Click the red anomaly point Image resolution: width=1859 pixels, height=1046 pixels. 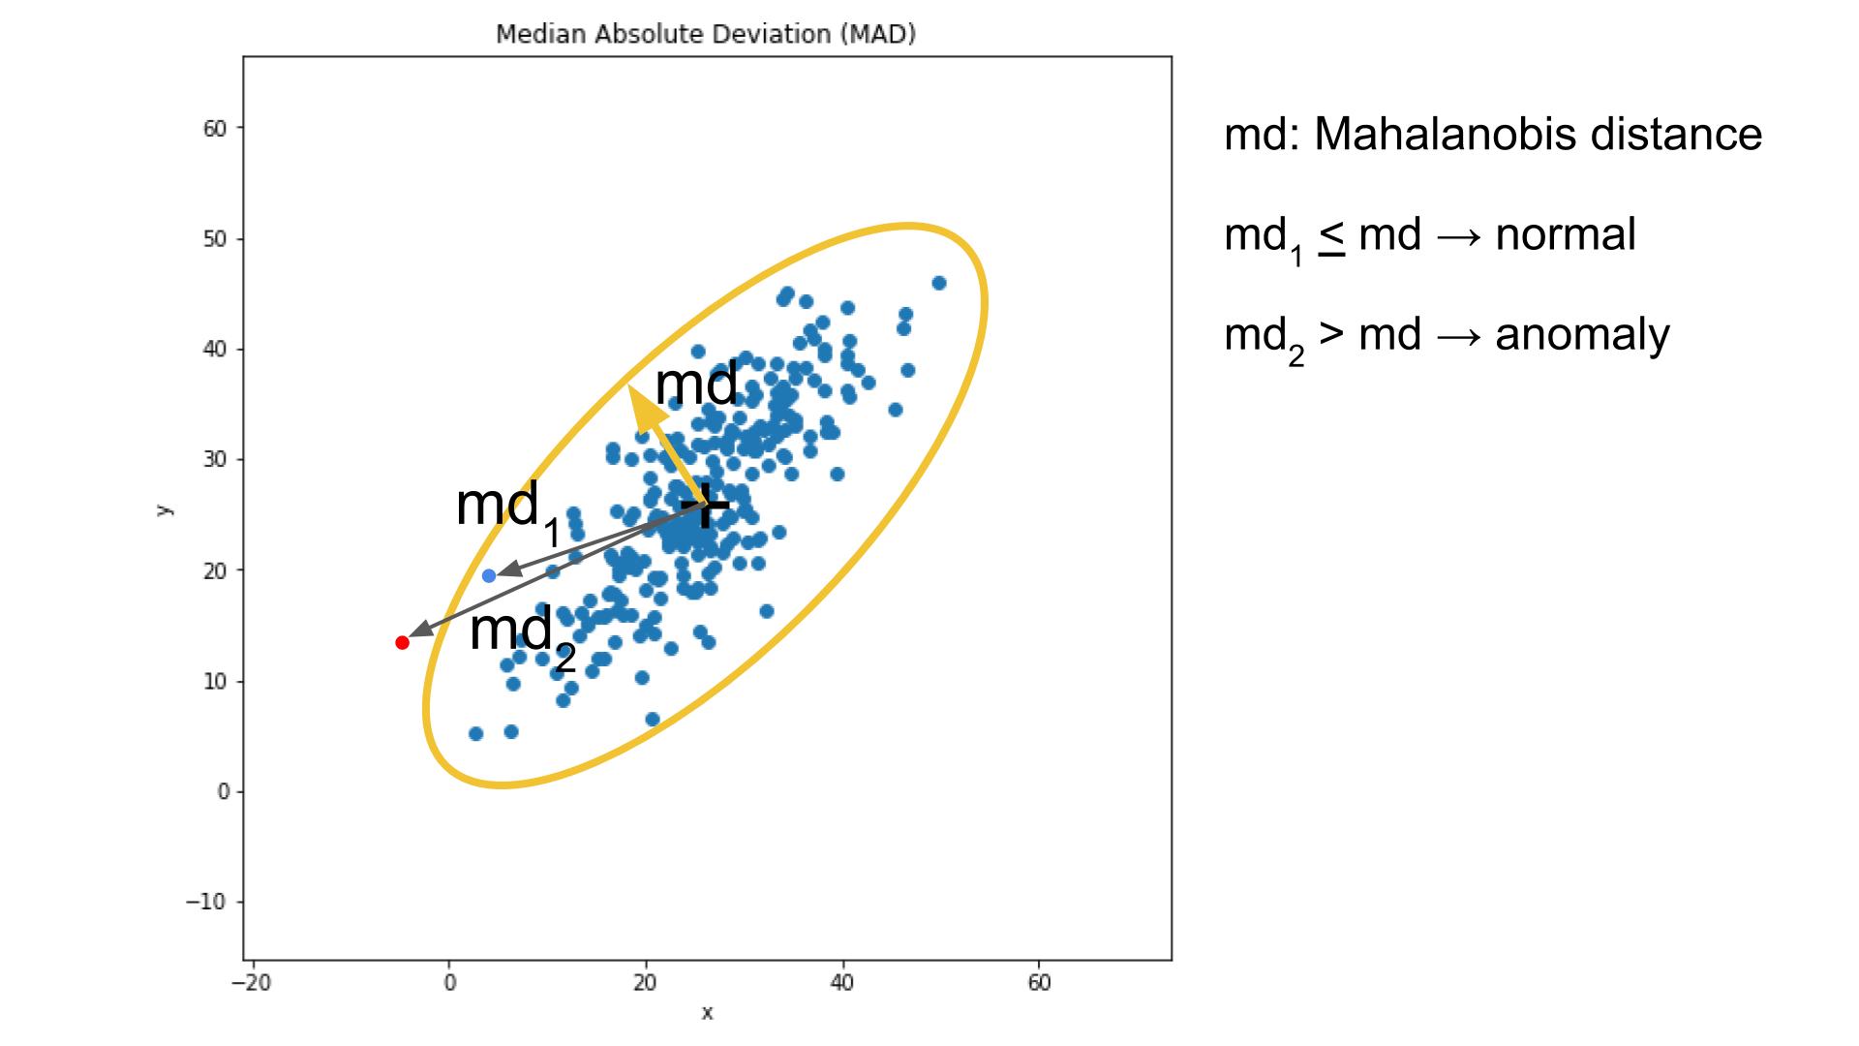[402, 642]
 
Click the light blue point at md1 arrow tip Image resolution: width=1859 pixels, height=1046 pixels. [489, 575]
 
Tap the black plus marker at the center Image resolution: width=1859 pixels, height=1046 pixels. [706, 505]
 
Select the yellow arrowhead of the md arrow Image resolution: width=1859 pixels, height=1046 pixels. [644, 407]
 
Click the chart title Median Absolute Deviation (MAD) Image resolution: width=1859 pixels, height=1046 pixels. [706, 34]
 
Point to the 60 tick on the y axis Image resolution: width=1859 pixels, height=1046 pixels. [215, 128]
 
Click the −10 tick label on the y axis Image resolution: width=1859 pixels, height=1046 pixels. [205, 902]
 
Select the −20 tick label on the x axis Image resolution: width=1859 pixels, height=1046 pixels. [251, 983]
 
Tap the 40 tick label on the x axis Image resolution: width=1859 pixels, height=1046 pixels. [841, 983]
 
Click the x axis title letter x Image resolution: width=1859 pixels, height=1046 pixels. [707, 1013]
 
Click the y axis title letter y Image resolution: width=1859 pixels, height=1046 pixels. [165, 509]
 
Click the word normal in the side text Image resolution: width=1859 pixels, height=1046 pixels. [1565, 234]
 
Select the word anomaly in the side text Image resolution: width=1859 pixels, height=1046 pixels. [1582, 335]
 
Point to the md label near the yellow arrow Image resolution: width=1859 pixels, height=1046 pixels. [696, 384]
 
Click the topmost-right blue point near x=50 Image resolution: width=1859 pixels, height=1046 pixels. [938, 283]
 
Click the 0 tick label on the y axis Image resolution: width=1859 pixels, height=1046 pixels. [223, 791]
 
